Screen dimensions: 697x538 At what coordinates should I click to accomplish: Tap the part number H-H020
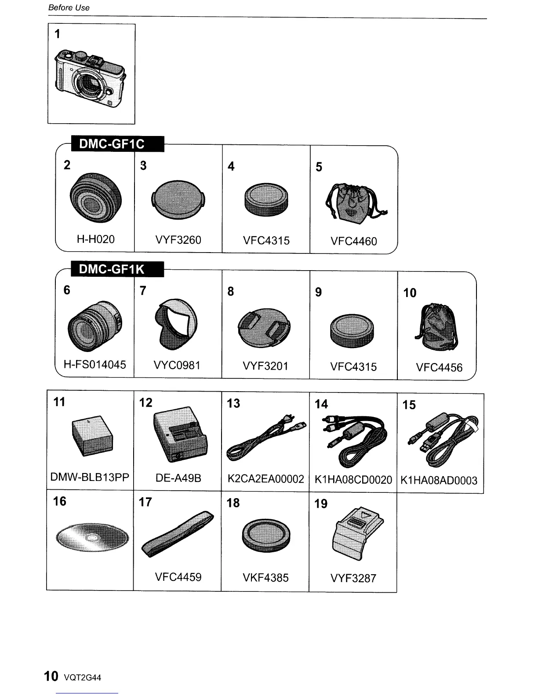coord(95,239)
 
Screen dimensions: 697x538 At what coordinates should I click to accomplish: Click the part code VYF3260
coord(178,240)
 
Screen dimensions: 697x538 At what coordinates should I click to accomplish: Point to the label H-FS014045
coord(95,365)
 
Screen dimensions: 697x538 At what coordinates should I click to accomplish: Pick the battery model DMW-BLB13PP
coord(90,477)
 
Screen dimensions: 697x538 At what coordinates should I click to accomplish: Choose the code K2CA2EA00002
coord(265,479)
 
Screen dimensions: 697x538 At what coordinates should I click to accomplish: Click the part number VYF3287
coord(353,578)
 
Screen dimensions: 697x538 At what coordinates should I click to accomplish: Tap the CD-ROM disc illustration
coord(92,537)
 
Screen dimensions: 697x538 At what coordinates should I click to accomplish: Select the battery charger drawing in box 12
coord(180,433)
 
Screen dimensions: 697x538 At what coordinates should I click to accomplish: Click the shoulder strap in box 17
coord(178,534)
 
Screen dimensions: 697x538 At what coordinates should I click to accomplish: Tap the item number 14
coord(321,404)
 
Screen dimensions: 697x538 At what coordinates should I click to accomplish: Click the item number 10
coord(410,293)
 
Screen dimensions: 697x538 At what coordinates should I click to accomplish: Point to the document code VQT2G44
coord(83,678)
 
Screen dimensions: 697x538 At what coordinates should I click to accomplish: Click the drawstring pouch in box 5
coord(355,202)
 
